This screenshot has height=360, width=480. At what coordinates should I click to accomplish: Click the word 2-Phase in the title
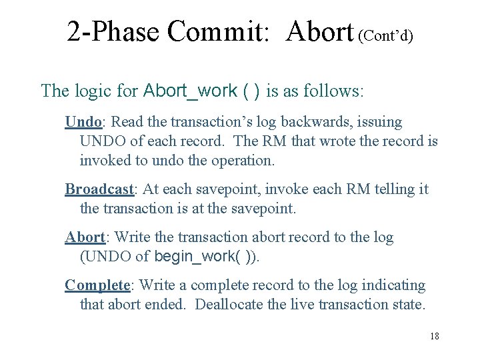(x=113, y=31)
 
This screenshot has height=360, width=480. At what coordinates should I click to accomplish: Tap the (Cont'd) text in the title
(x=385, y=35)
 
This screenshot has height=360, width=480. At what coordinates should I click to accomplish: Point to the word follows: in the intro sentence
(x=336, y=91)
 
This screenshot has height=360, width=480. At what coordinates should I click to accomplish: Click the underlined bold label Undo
(x=83, y=122)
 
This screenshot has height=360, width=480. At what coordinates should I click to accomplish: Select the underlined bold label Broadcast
(x=99, y=189)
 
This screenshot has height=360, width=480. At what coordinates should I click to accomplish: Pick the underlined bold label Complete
(x=97, y=285)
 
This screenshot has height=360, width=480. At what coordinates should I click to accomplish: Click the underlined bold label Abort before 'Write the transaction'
(x=85, y=237)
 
